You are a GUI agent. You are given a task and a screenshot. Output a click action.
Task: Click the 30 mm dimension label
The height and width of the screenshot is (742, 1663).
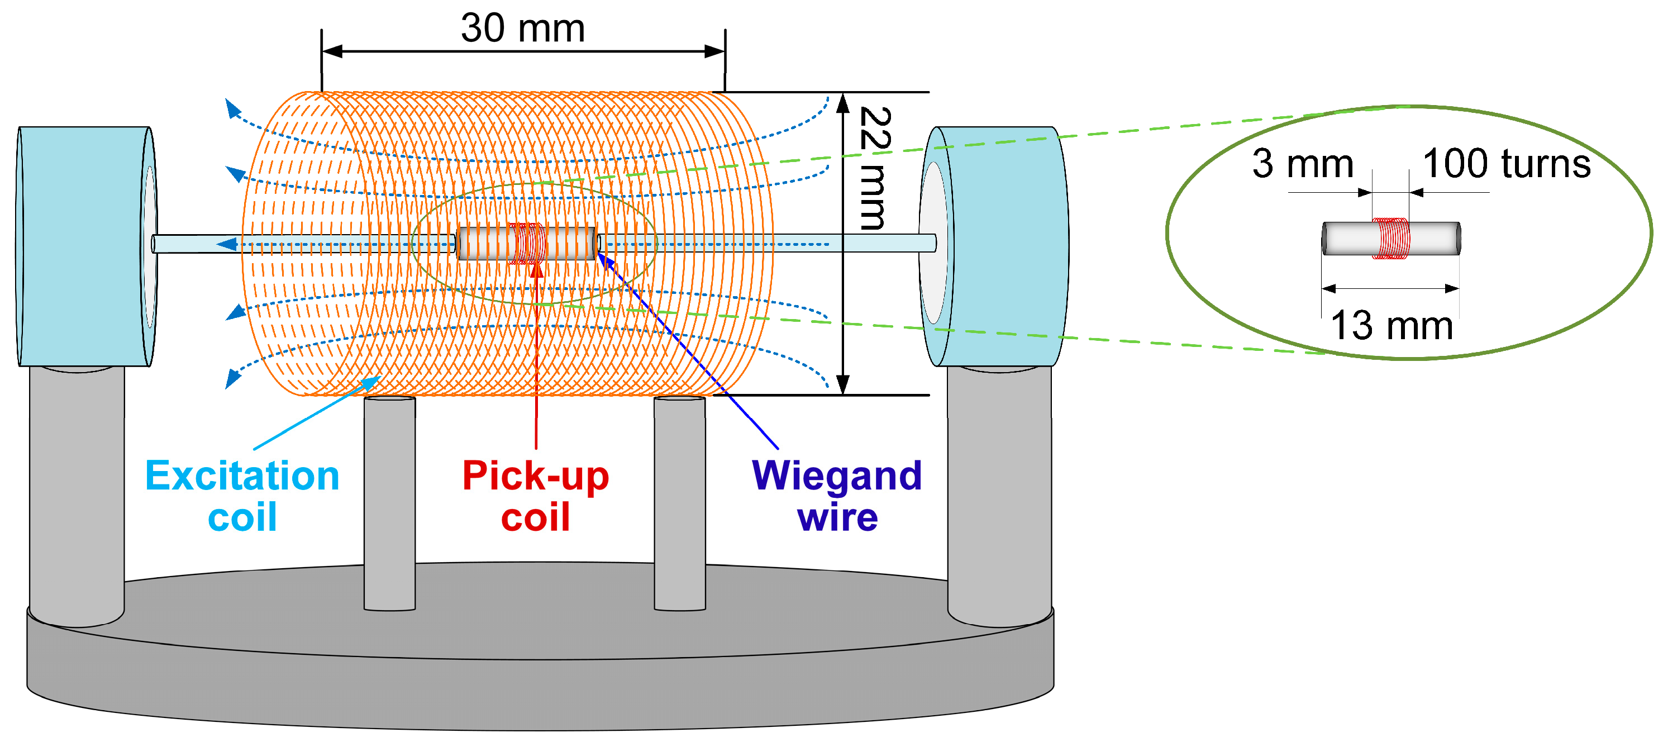pyautogui.click(x=523, y=28)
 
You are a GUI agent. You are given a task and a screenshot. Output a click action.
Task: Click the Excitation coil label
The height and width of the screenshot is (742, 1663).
pyautogui.click(x=242, y=496)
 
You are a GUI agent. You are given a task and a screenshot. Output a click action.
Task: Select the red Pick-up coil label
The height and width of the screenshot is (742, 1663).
pyautogui.click(x=535, y=496)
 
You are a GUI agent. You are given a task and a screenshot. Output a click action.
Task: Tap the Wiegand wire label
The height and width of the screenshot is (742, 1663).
pyautogui.click(x=837, y=496)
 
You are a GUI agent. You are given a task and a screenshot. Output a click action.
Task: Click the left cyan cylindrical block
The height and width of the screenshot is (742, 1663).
pyautogui.click(x=80, y=246)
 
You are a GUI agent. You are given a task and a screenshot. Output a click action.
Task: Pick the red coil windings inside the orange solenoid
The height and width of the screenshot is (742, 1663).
pyautogui.click(x=526, y=244)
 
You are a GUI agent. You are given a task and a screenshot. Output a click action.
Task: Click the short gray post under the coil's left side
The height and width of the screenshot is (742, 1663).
pyautogui.click(x=389, y=504)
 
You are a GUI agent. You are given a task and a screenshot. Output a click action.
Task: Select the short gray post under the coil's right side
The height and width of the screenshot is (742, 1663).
pyautogui.click(x=679, y=504)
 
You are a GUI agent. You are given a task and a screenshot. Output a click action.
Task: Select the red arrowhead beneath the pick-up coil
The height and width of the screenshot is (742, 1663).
pyautogui.click(x=536, y=270)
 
